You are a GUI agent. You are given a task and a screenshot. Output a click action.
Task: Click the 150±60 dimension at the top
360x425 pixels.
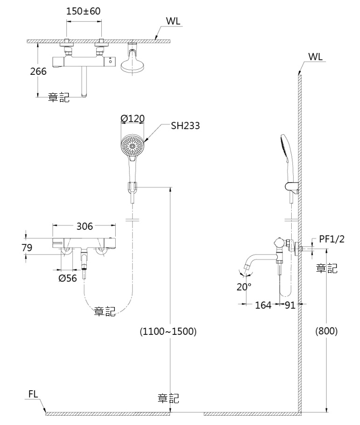point(83,11)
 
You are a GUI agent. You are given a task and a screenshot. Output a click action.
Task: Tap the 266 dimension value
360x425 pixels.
point(38,71)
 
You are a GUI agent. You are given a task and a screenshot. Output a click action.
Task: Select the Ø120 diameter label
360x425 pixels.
point(132,118)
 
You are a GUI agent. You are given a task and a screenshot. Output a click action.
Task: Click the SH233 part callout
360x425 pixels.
point(185,125)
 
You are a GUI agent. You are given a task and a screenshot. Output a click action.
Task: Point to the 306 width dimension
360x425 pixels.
point(85,226)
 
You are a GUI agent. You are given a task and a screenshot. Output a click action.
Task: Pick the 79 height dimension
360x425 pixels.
point(27,248)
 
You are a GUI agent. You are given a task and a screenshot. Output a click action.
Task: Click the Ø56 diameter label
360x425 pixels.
point(68,278)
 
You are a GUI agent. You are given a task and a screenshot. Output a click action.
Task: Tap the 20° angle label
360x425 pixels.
point(244,287)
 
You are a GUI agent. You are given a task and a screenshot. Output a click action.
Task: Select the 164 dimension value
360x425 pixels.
point(263,305)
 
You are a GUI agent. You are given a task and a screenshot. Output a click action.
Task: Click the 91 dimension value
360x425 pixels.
point(290,305)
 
